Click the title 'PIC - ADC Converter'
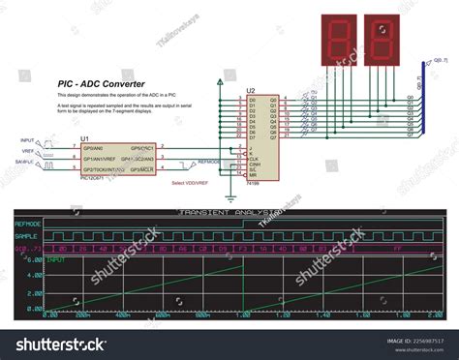(x=102, y=84)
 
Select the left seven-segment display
(x=338, y=40)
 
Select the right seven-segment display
(x=382, y=40)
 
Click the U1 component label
(x=85, y=138)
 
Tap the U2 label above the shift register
(x=251, y=90)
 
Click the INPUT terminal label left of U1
(x=26, y=141)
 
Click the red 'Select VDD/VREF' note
(x=191, y=182)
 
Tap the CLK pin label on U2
(x=254, y=158)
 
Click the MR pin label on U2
(x=253, y=174)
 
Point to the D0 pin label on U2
(x=253, y=99)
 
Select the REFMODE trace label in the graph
(x=29, y=224)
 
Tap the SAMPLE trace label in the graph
(x=27, y=235)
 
